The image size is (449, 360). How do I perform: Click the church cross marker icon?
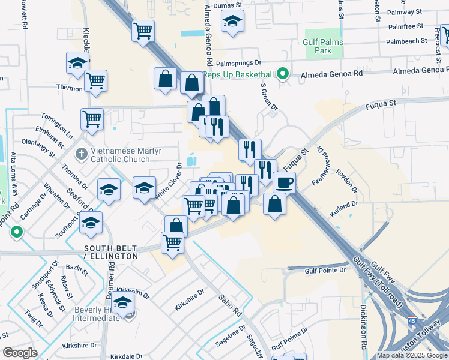tap(82, 155)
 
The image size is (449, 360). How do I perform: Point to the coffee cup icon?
tap(284, 182)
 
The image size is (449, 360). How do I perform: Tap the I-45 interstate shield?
tap(412, 323)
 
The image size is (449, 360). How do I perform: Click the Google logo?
tap(20, 353)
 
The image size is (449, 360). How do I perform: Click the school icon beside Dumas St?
tap(232, 22)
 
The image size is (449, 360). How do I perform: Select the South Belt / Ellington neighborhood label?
tap(110, 251)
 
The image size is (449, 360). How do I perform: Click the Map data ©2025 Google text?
tap(412, 355)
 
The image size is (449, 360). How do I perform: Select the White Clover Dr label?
tap(169, 181)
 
